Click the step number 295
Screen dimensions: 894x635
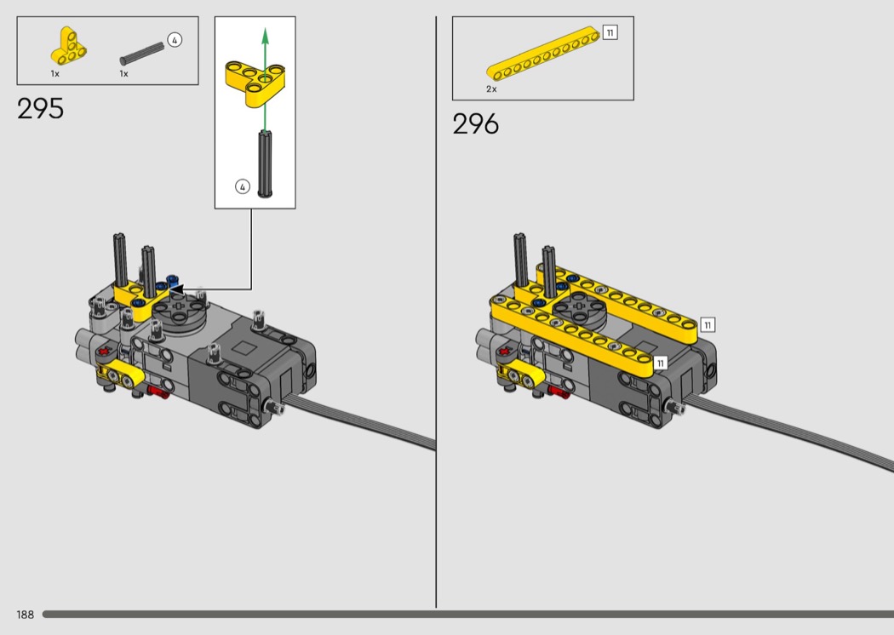pos(41,108)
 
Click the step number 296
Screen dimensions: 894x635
pos(475,123)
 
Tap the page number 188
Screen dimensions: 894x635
pos(25,615)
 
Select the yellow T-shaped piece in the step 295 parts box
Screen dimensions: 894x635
pos(69,46)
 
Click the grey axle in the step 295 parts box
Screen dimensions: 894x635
pos(142,54)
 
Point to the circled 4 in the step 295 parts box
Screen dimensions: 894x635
pos(175,40)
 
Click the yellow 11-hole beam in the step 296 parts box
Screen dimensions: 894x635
pos(543,53)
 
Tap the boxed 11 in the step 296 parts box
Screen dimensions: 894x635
pos(610,32)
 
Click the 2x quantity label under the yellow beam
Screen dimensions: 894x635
pos(491,89)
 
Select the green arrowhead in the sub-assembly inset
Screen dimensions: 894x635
pos(265,36)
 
